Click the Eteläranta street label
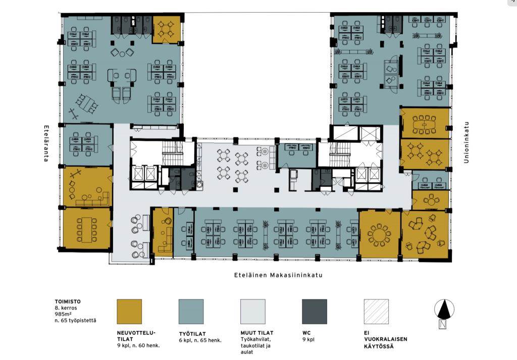46,143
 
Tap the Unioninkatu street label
466,142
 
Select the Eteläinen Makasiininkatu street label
278,275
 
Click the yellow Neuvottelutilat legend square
129,312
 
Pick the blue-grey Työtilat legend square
191,312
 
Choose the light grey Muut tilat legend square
253,312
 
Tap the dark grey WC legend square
315,312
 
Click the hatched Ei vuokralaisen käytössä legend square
376,312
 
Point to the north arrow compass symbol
444,314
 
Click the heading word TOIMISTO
68,301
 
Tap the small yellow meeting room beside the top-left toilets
166,29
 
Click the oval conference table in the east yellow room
424,124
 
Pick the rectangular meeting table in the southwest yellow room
87,230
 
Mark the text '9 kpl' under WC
308,339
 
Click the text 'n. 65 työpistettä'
76,320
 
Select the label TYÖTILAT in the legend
192,334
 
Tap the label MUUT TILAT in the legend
257,333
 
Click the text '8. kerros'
66,307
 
